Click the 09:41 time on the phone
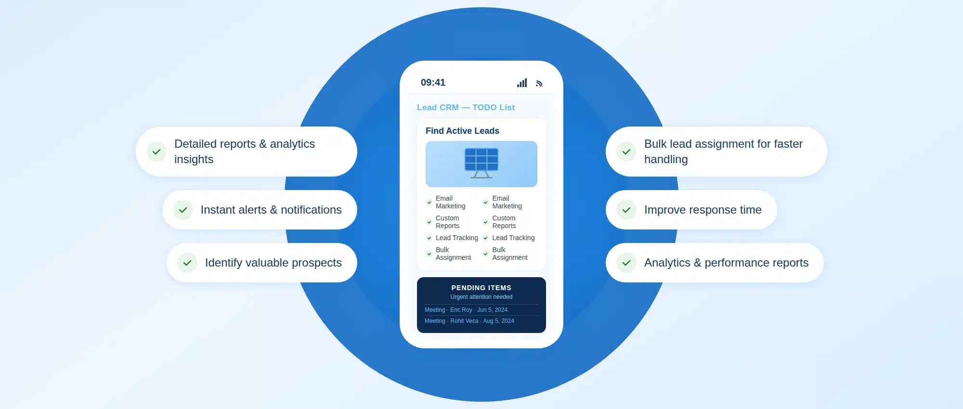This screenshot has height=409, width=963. [x=433, y=82]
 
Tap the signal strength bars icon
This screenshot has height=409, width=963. [x=522, y=83]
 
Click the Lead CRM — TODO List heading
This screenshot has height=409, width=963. [x=466, y=107]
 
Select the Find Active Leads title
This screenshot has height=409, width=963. [x=462, y=131]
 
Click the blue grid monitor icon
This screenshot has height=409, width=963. [x=481, y=163]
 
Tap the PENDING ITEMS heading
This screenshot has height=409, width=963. [x=481, y=288]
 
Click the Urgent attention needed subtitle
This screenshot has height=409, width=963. [x=481, y=297]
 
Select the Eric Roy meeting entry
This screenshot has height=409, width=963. [x=466, y=310]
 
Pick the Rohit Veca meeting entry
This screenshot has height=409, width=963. [x=469, y=321]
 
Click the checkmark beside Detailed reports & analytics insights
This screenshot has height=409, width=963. [x=156, y=152]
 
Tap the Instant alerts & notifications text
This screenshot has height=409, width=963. [x=271, y=210]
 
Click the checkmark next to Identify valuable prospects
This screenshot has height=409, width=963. [x=187, y=263]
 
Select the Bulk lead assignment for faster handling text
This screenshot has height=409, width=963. [x=723, y=152]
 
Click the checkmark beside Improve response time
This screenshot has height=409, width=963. [x=626, y=210]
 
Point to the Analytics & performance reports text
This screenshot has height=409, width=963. [x=726, y=263]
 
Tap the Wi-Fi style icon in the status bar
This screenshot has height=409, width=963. [x=539, y=83]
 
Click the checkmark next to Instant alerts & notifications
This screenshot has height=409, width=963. [x=183, y=210]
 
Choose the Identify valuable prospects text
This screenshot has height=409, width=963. [x=273, y=263]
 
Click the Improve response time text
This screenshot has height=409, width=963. [x=703, y=210]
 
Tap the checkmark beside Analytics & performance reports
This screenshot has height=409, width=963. [x=626, y=263]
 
